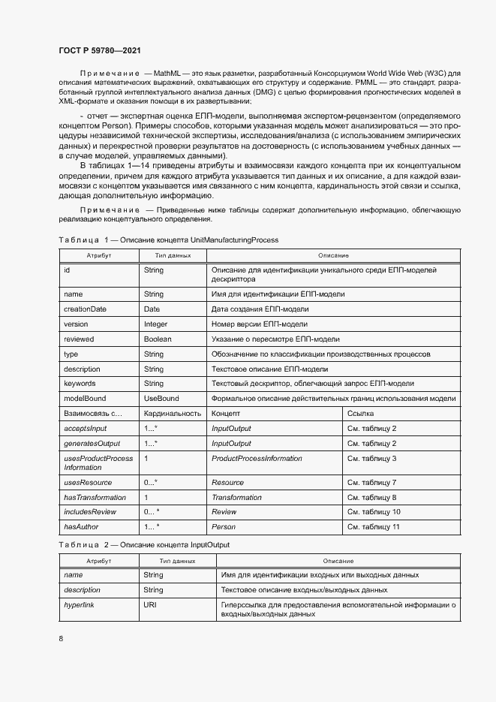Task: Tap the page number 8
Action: coord(61,638)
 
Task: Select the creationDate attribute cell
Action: coord(85,309)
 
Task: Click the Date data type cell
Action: coord(152,309)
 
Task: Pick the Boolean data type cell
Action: coord(158,339)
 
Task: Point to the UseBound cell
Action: coord(161,399)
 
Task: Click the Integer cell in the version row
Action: coord(155,324)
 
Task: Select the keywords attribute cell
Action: coord(80,384)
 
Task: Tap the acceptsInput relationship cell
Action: coord(86,429)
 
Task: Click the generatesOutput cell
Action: coord(92,444)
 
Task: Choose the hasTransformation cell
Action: coord(95,498)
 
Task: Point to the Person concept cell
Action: coord(224,527)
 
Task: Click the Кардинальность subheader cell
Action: coord(172,414)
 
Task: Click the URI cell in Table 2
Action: coord(149,604)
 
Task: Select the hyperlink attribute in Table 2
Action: coord(79,604)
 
